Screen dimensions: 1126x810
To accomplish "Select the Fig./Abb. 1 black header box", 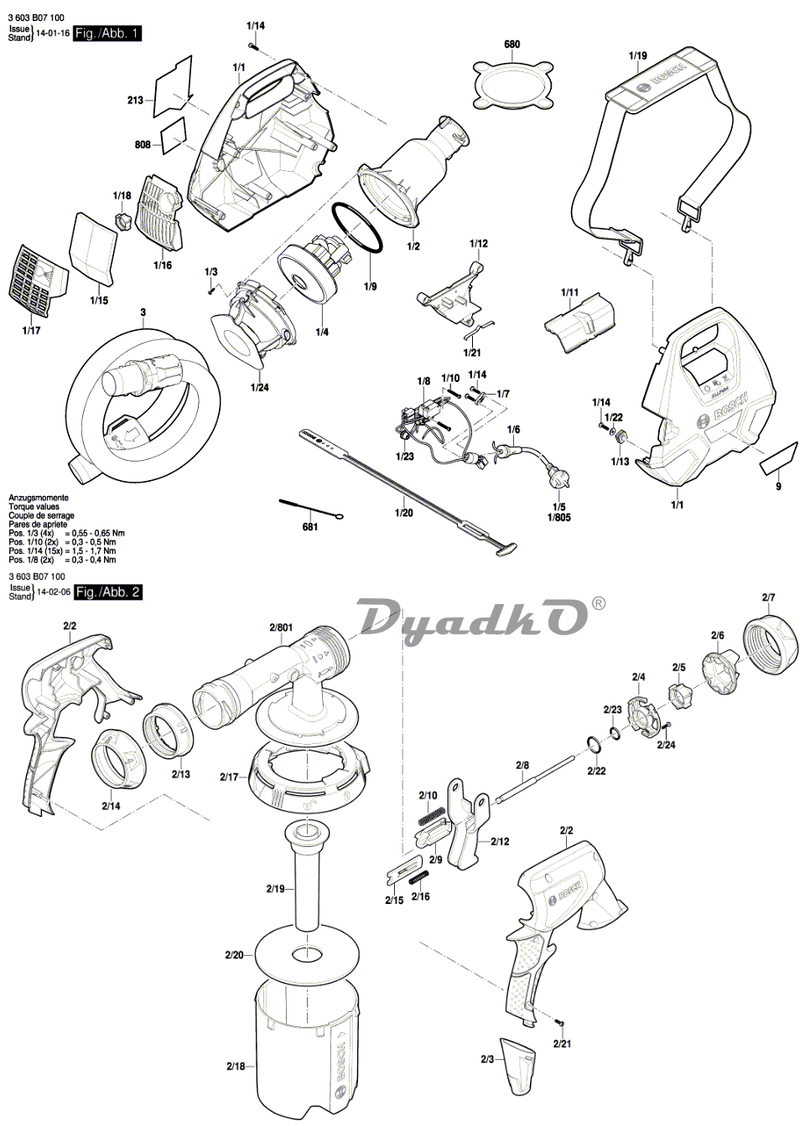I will [x=107, y=34].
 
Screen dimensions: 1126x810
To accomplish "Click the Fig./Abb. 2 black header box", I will [x=107, y=592].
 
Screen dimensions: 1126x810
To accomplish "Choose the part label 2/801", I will [x=281, y=627].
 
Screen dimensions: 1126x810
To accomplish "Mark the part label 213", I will [x=135, y=101].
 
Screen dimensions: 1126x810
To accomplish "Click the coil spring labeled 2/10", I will [x=432, y=812].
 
